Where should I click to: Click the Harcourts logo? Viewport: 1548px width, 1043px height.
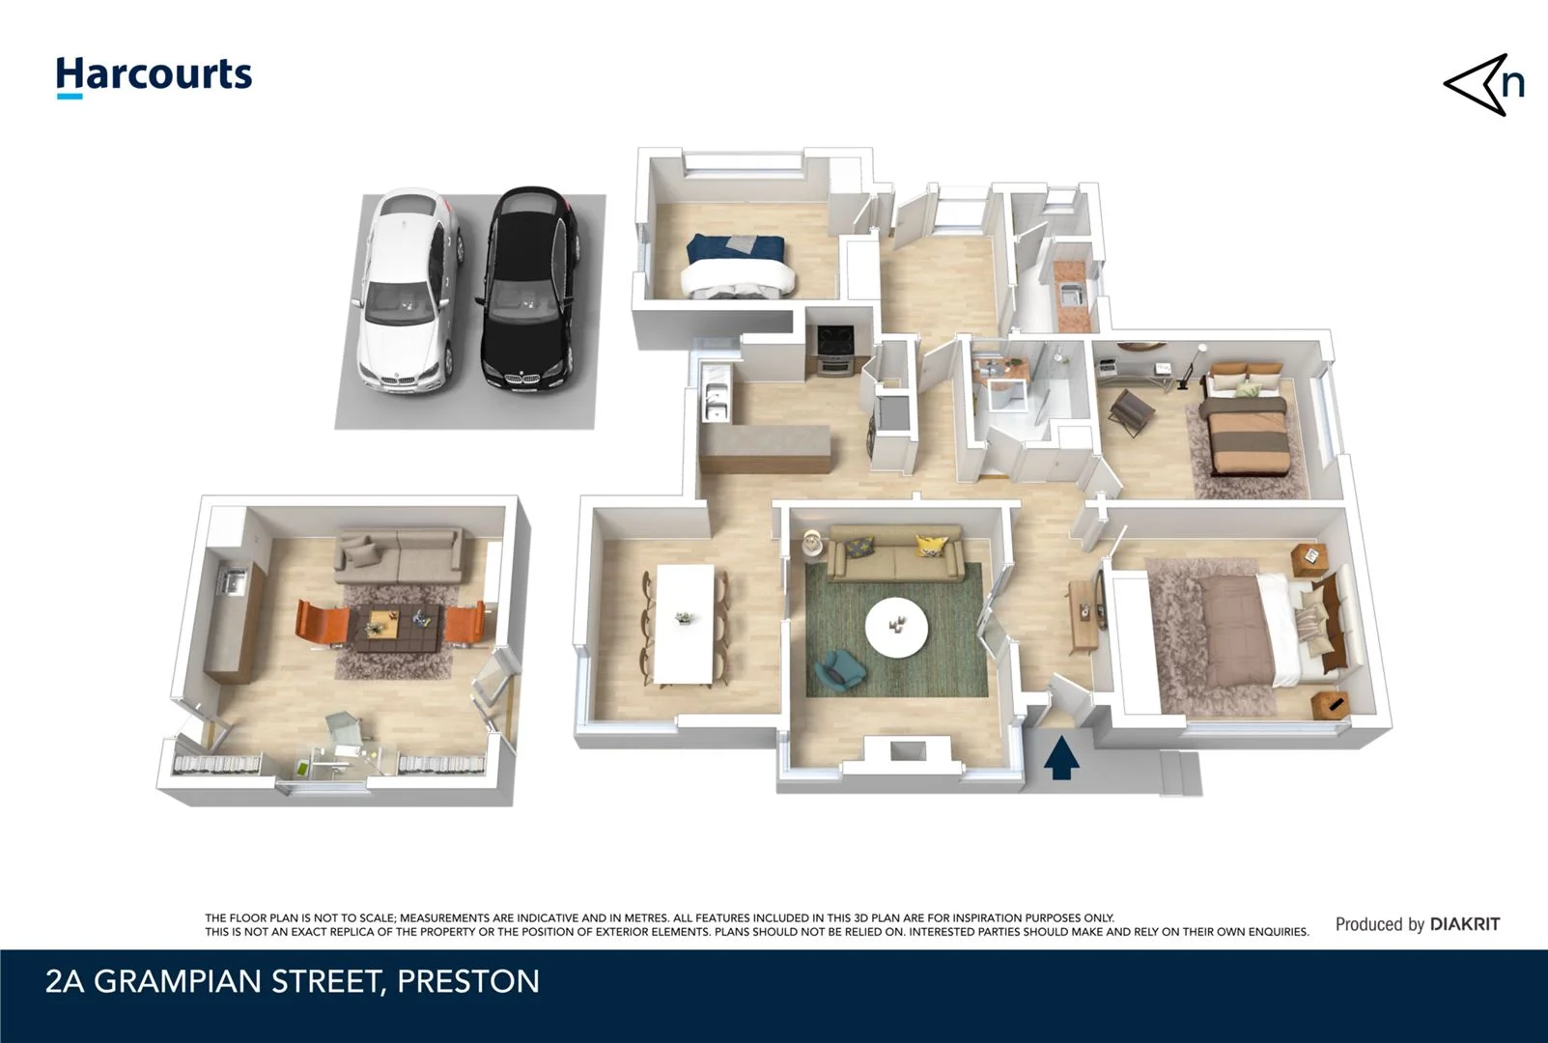[154, 75]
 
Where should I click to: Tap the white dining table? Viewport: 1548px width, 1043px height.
[685, 623]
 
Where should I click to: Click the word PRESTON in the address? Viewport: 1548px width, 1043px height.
[468, 981]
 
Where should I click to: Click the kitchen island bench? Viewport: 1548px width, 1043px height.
[765, 449]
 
